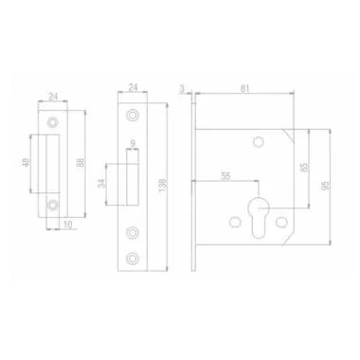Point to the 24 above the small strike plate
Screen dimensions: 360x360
[x=52, y=95]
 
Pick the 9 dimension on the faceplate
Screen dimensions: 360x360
[x=134, y=145]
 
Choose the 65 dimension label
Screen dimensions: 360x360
[x=303, y=167]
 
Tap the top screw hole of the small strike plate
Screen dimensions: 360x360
[x=53, y=121]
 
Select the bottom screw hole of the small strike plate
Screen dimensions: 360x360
[x=53, y=203]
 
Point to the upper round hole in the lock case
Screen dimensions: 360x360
[x=258, y=143]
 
